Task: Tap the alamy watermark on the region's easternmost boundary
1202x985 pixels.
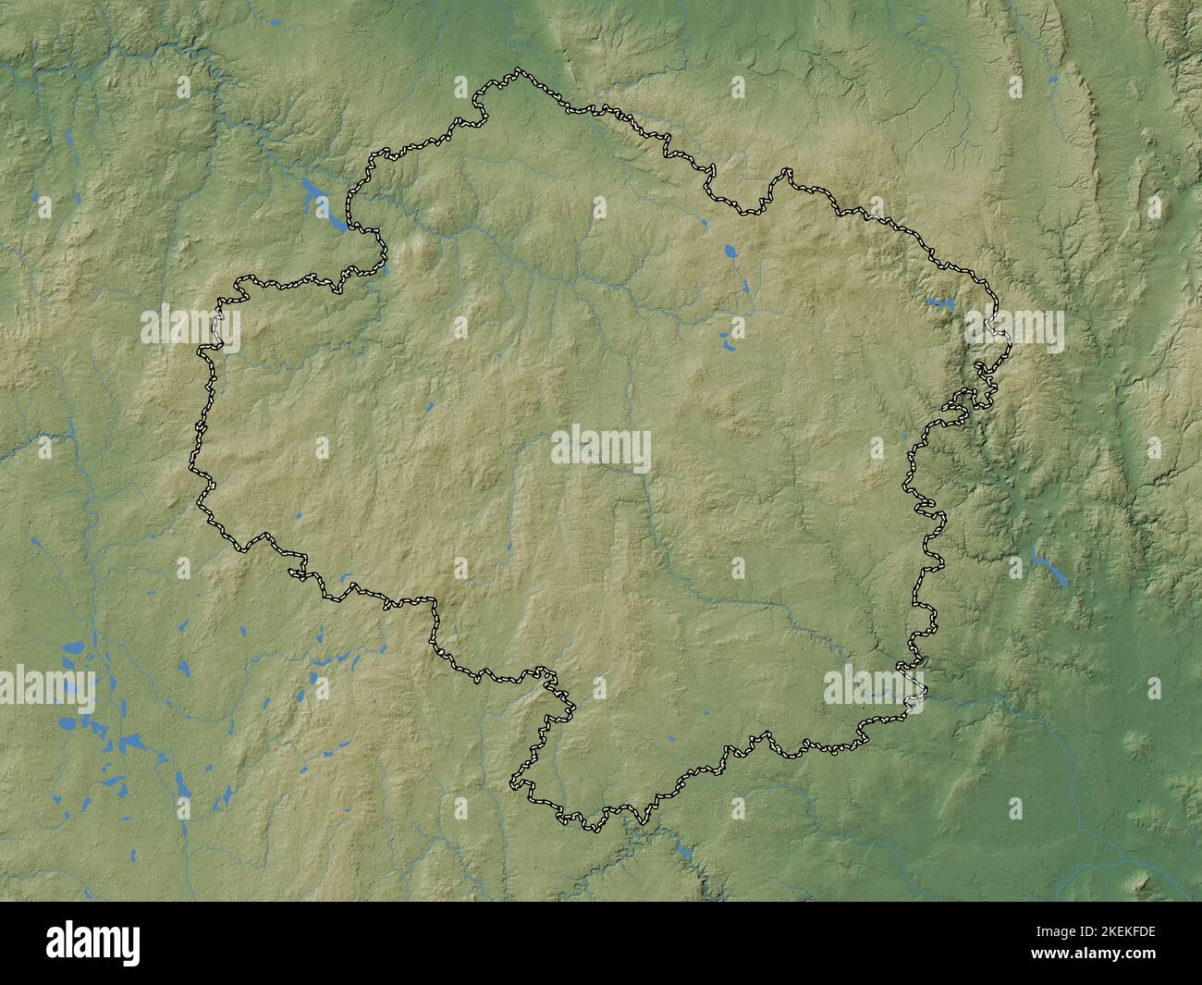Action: (x=1013, y=329)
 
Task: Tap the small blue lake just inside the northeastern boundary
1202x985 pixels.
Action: (x=940, y=302)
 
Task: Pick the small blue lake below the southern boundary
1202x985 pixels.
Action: (x=683, y=848)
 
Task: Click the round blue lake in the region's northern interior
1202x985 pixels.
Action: (x=731, y=251)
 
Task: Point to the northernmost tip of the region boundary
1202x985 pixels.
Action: (x=518, y=69)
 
